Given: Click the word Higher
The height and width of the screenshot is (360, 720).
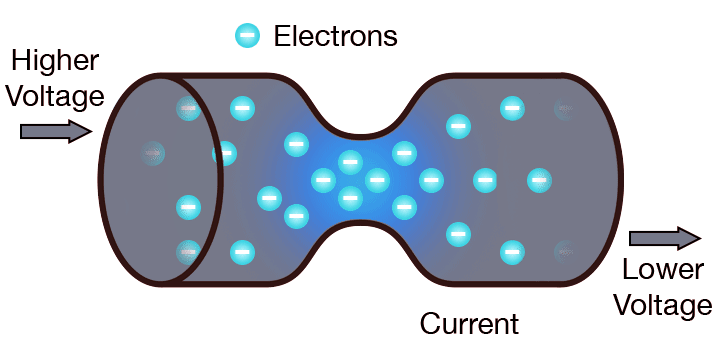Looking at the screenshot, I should (x=54, y=61).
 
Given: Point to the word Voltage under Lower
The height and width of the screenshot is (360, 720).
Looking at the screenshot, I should (x=664, y=304).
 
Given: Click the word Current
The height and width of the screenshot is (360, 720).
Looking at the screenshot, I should (x=469, y=323).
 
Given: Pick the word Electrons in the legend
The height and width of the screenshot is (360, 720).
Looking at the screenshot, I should (x=335, y=37).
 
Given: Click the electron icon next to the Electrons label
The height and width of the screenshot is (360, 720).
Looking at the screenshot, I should (x=248, y=37).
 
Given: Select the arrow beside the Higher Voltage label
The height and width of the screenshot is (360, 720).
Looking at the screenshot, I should (x=56, y=131).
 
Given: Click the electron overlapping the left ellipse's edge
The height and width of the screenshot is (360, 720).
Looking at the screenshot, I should (x=224, y=154).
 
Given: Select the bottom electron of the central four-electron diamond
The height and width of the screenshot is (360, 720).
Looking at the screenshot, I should (x=350, y=197).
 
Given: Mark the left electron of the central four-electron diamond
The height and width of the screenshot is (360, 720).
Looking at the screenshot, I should (x=323, y=181).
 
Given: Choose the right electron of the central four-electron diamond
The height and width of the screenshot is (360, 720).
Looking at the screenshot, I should (x=377, y=181).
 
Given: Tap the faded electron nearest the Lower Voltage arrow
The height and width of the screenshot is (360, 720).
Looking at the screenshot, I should (x=565, y=251).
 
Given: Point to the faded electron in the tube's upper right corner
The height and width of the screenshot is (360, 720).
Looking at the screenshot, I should (x=565, y=107).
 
